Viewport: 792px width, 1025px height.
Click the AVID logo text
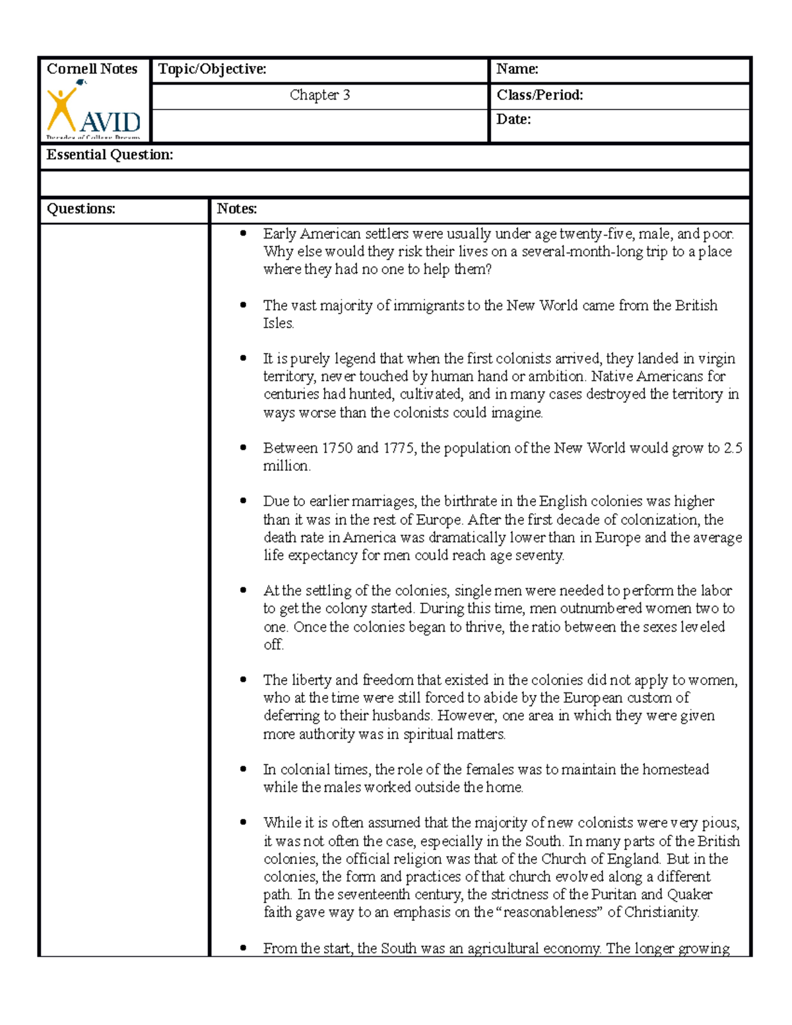(110, 122)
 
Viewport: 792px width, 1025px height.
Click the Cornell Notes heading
(92, 69)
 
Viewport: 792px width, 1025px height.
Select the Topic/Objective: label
(212, 69)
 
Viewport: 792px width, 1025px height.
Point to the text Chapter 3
(319, 95)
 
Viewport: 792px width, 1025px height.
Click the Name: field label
(517, 69)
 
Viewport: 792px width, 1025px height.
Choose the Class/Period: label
(539, 95)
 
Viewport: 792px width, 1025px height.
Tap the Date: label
(513, 119)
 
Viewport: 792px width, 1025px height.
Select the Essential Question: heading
(110, 155)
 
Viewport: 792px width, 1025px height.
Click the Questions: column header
(81, 209)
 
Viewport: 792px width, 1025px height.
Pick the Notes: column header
(237, 209)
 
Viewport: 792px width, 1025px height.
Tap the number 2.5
(733, 448)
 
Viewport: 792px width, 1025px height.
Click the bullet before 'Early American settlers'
(244, 233)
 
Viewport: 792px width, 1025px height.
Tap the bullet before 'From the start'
(244, 948)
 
